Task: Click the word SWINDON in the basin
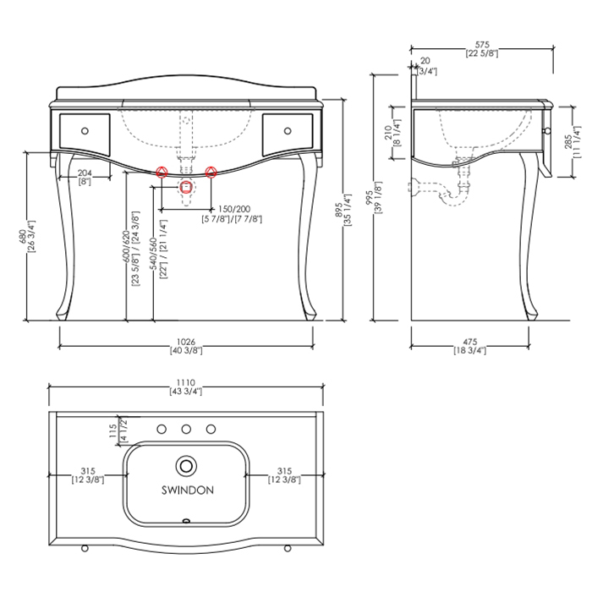[x=188, y=490]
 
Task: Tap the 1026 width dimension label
[x=186, y=342]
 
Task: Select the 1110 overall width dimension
[x=186, y=382]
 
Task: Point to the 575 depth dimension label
[x=482, y=45]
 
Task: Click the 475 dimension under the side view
[x=470, y=342]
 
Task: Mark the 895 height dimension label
[x=339, y=210]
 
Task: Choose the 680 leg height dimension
[x=23, y=237]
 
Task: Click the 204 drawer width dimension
[x=85, y=173]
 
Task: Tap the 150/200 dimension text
[x=234, y=209]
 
